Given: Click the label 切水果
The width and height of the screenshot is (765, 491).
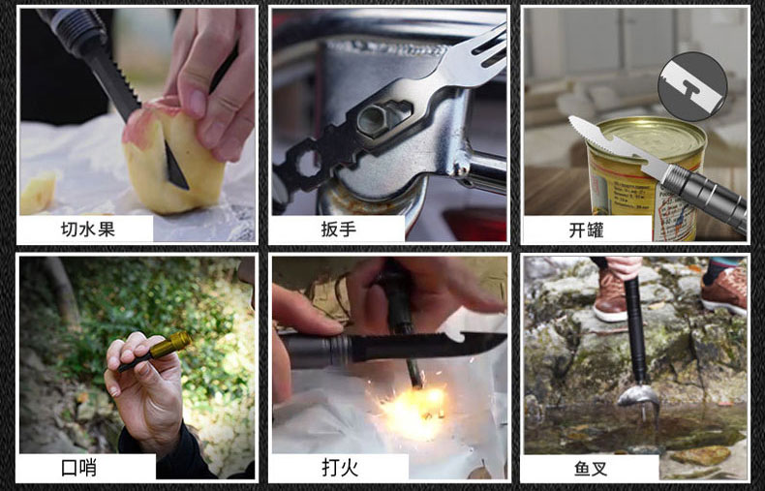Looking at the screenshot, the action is pyautogui.click(x=88, y=229).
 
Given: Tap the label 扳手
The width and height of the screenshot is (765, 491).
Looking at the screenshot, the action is pyautogui.click(x=339, y=229).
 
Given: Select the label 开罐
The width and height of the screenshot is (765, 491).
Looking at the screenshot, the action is pyautogui.click(x=586, y=230).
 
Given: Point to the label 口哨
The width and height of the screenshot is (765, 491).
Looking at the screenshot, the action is pyautogui.click(x=79, y=468).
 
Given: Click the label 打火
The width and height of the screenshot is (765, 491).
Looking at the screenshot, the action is pyautogui.click(x=340, y=467).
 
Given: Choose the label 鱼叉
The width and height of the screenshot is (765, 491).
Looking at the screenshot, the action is pyautogui.click(x=591, y=469).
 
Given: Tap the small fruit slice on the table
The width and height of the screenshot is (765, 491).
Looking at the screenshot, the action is pyautogui.click(x=38, y=194).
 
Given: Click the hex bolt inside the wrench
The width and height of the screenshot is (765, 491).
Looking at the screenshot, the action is pyautogui.click(x=375, y=118).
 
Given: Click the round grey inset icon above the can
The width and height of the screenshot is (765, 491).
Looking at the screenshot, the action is pyautogui.click(x=691, y=86).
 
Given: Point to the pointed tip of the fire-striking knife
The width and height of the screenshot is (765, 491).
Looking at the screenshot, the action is pyautogui.click(x=503, y=336).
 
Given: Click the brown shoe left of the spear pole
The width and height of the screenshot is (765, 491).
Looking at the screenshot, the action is pyautogui.click(x=611, y=294).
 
